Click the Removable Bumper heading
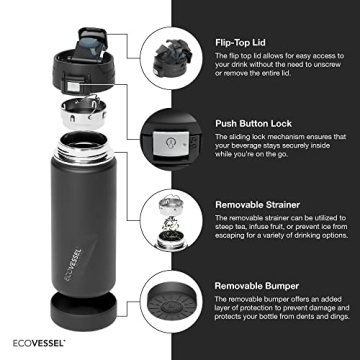pyautogui.click(x=254, y=283)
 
